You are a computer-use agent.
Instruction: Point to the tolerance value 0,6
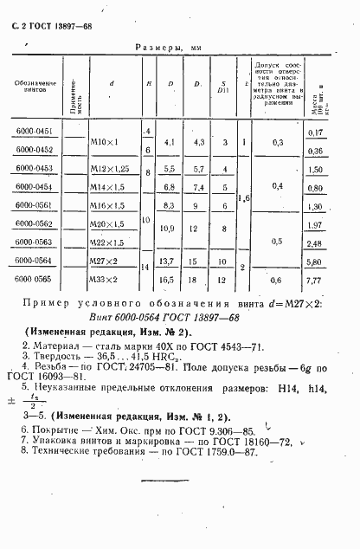[277, 281]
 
